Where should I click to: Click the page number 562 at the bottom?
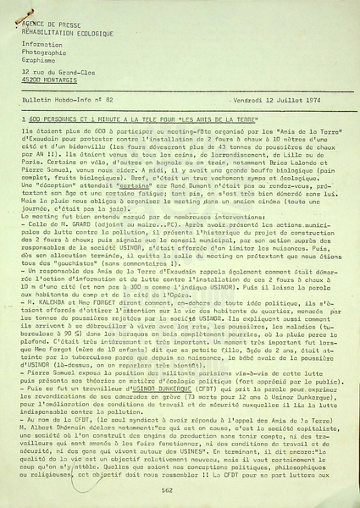pyautogui.click(x=166, y=490)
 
